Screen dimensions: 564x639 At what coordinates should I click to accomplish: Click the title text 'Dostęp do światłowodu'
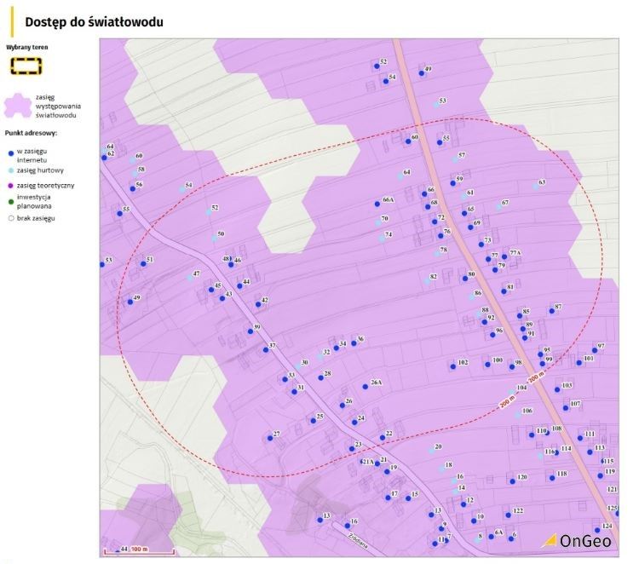95,20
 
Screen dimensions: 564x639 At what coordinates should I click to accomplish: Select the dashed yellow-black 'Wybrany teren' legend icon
26,64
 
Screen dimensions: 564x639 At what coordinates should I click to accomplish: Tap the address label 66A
388,199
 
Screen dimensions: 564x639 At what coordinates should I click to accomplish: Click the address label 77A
515,252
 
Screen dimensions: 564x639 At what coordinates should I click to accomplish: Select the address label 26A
376,383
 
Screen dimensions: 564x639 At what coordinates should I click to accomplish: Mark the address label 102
463,362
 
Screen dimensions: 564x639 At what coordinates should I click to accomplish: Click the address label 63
542,182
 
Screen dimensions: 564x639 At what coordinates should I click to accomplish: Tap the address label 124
607,526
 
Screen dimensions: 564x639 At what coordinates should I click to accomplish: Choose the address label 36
360,338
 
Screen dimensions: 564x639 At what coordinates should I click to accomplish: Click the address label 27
276,434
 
